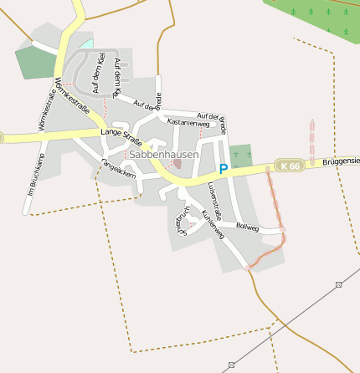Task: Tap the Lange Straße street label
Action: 121,134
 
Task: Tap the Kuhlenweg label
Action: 213,225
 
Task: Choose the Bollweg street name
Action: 248,227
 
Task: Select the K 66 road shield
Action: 290,166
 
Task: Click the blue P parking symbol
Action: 223,169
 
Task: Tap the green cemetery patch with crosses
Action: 240,156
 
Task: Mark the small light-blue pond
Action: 86,43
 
